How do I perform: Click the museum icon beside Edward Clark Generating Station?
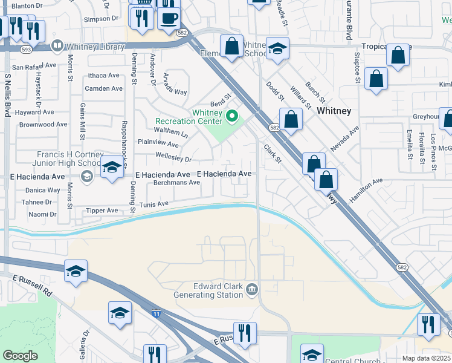251,290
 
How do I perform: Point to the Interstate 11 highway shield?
157,314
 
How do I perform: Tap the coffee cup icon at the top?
169,18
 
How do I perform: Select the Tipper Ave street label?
103,211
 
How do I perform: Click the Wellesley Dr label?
173,160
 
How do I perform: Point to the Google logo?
20,356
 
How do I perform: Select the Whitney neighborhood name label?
334,111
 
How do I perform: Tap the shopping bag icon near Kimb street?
376,79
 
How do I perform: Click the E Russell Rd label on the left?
32,285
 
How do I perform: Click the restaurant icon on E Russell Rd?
245,333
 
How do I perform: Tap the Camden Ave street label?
103,88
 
